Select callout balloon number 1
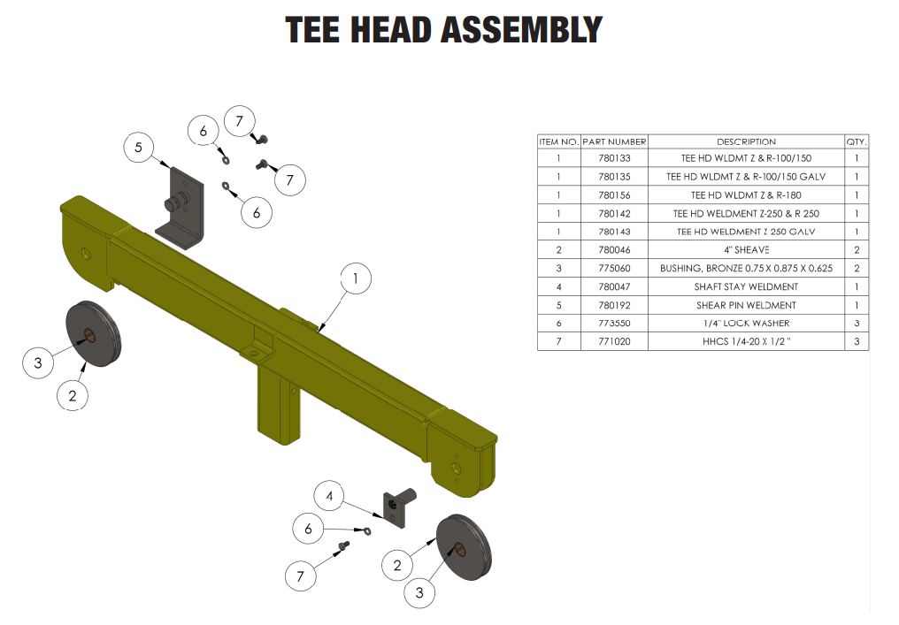[x=356, y=279]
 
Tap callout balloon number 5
[x=139, y=148]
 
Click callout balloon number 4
[x=329, y=497]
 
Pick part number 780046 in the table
[x=614, y=250]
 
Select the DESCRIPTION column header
[x=746, y=141]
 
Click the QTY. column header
[x=857, y=141]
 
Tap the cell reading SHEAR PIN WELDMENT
[x=746, y=305]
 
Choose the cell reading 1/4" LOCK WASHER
[x=746, y=324]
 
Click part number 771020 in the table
[x=614, y=341]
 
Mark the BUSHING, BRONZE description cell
[x=746, y=269]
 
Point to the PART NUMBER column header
[x=614, y=141]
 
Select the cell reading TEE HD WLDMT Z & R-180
[x=746, y=195]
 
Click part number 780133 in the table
[x=614, y=159]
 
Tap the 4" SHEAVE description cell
[x=746, y=250]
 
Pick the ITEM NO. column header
[x=558, y=141]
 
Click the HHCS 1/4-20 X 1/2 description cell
[x=746, y=341]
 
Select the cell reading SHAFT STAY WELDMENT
[x=746, y=286]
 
